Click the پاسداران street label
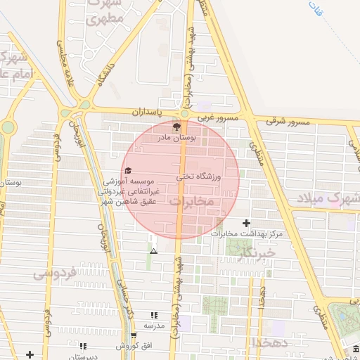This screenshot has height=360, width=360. point(149,112)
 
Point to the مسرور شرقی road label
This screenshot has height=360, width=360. point(288,122)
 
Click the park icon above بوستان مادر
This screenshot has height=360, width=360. point(176,127)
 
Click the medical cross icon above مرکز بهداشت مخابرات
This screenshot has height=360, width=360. point(246,223)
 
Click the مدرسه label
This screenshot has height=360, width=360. point(154,326)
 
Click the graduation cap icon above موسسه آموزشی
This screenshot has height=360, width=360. point(127,171)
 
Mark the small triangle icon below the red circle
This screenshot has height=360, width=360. point(154,250)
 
